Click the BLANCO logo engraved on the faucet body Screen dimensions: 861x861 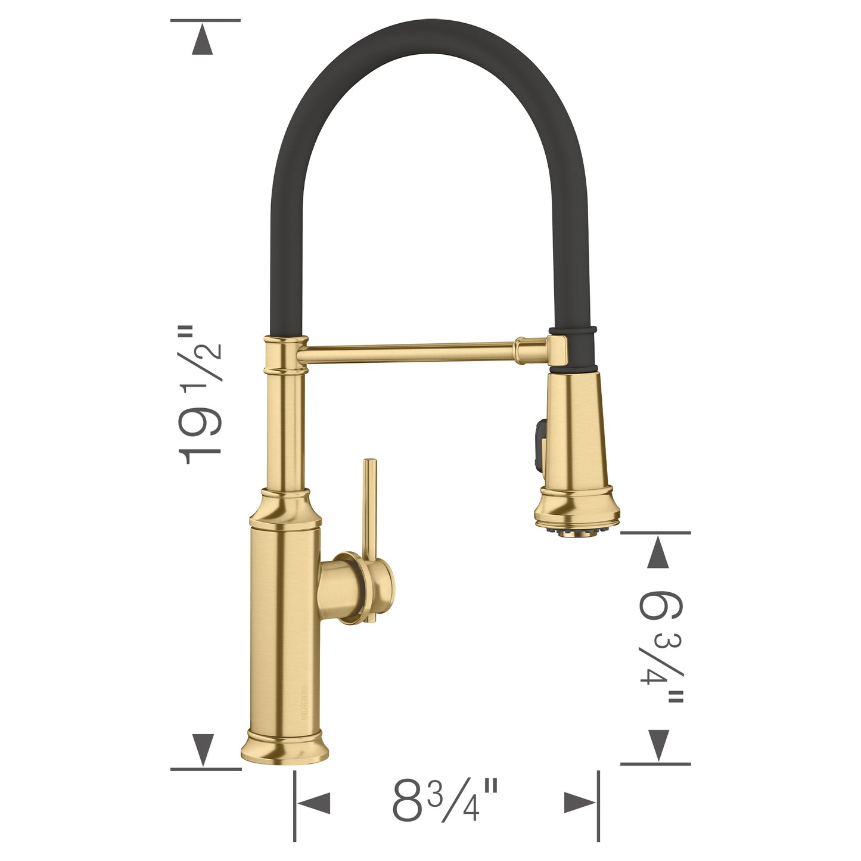click(x=304, y=703)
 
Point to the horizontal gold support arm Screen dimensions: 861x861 click(x=411, y=352)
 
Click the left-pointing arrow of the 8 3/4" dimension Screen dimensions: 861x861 click(x=314, y=803)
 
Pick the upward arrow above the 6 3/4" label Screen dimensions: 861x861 click(x=657, y=552)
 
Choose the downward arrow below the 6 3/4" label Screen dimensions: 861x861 click(x=657, y=745)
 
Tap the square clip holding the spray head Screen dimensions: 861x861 click(x=560, y=350)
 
